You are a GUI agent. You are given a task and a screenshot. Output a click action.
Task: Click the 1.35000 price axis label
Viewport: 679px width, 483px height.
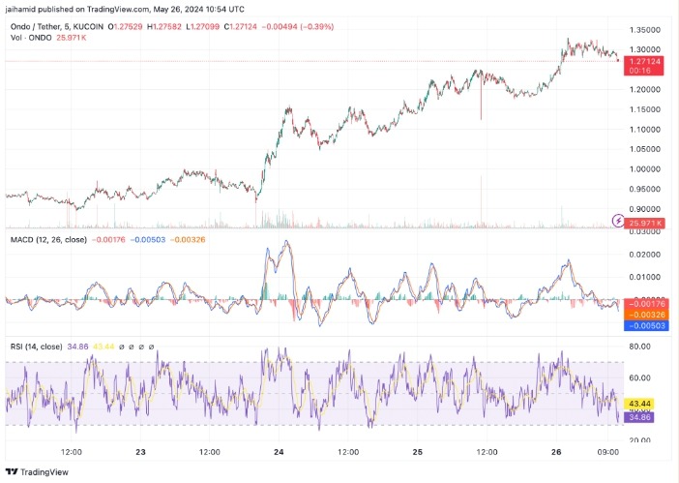(644, 29)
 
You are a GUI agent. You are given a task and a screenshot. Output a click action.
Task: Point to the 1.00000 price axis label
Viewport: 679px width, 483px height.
(644, 169)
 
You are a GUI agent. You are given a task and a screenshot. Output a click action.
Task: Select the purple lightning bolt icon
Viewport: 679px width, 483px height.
(619, 222)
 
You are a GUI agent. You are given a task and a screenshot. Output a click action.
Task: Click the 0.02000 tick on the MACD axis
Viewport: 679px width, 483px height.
(644, 254)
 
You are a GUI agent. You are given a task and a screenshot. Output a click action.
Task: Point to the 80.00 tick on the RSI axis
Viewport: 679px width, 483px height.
(640, 345)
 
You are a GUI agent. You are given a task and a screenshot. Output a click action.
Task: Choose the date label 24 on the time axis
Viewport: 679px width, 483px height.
(279, 452)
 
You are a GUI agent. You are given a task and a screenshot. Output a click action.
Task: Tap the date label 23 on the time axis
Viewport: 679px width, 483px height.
(140, 452)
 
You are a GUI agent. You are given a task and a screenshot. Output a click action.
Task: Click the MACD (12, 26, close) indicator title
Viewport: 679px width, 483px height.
(48, 238)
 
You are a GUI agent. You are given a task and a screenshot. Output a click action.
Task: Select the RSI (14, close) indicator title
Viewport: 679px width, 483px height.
(39, 347)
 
